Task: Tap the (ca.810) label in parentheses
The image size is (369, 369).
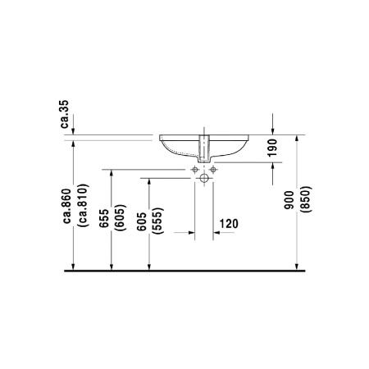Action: coord(82,203)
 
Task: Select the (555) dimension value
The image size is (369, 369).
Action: coord(157,222)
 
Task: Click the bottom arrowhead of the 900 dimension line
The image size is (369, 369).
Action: coord(298,265)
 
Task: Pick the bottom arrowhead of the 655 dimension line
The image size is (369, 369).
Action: coord(112,265)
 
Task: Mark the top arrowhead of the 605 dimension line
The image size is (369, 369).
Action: coord(149,182)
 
